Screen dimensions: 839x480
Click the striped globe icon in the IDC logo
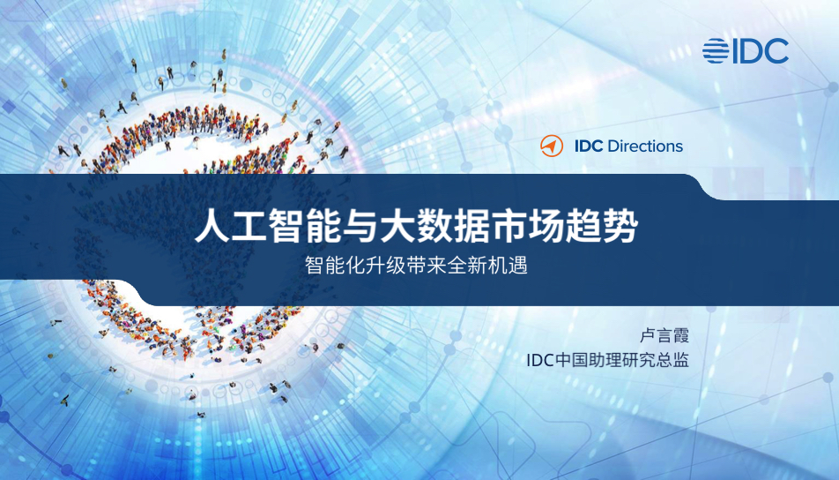click(x=716, y=51)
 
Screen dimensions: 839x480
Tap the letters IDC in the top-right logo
click(x=760, y=51)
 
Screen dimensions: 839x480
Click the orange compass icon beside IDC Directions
click(x=551, y=146)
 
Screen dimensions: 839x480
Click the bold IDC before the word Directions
click(x=589, y=146)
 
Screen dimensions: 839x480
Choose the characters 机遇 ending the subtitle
click(x=510, y=266)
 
